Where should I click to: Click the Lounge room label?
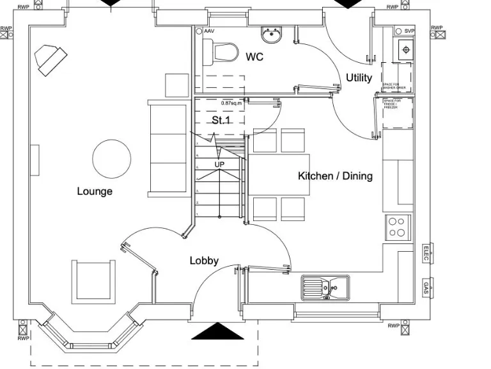point(95,191)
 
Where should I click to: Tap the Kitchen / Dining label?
point(335,176)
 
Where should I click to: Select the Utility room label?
point(359,78)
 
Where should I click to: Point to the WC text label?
point(254,57)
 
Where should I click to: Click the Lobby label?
point(204,261)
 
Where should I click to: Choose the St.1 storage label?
point(221,120)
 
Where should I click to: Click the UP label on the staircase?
point(219,165)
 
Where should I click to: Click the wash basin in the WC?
point(271,34)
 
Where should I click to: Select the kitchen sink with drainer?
point(325,288)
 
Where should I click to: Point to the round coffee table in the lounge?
point(112,158)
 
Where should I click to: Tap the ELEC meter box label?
point(426,254)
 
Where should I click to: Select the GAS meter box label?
point(426,286)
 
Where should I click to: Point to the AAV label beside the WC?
point(209,31)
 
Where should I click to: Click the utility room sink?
point(404,49)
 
